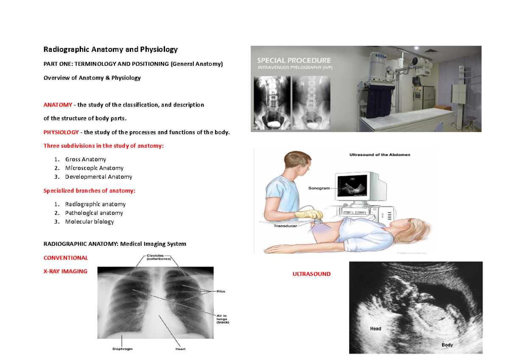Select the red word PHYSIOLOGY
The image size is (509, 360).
pyautogui.click(x=61, y=132)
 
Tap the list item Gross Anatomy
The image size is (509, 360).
pyautogui.click(x=85, y=159)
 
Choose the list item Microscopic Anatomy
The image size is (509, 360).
pyautogui.click(x=94, y=168)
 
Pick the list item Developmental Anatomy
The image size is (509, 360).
pyautogui.click(x=98, y=177)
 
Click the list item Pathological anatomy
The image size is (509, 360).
pyautogui.click(x=94, y=213)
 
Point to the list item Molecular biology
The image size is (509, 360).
pyautogui.click(x=89, y=222)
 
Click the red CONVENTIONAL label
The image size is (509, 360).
pyautogui.click(x=66, y=258)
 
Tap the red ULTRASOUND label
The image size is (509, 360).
pyautogui.click(x=311, y=274)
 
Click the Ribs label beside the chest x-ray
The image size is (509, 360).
pyautogui.click(x=220, y=291)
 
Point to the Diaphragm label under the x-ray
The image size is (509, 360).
pyautogui.click(x=123, y=349)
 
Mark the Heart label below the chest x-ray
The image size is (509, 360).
pyautogui.click(x=180, y=349)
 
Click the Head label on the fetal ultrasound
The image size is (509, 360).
pyautogui.click(x=375, y=329)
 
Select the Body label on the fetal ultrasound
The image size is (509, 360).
pyautogui.click(x=447, y=345)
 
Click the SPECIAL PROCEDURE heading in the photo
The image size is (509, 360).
pyautogui.click(x=294, y=60)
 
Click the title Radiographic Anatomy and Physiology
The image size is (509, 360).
pyautogui.click(x=110, y=49)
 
